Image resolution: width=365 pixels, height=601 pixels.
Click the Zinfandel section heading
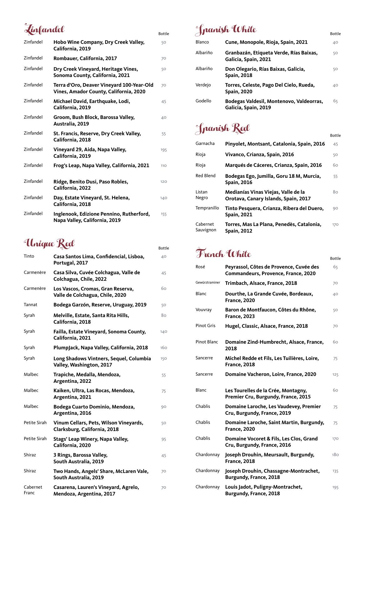(44, 29)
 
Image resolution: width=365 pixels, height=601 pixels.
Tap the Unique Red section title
(49, 244)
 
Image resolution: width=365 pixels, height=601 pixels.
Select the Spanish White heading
(226, 30)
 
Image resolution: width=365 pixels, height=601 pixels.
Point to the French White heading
(223, 254)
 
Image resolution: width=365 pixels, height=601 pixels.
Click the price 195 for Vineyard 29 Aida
(163, 150)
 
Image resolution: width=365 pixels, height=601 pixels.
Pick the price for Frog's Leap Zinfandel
(163, 166)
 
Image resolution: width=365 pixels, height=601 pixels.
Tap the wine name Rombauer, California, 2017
(85, 59)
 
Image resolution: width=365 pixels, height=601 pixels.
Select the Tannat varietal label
(30, 305)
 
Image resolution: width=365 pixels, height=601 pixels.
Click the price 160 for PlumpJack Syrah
(163, 348)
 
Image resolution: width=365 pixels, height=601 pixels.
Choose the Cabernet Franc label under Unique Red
(33, 490)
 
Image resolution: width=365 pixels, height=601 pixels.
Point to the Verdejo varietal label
(203, 85)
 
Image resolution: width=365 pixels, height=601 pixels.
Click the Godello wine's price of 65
(335, 101)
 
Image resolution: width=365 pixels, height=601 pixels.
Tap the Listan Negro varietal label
(202, 195)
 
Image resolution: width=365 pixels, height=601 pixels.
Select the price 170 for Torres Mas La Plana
(335, 224)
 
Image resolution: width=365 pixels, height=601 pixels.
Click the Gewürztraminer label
(208, 283)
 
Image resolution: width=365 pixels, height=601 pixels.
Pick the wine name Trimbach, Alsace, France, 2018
(261, 283)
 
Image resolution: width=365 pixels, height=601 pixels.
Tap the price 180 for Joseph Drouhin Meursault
(335, 455)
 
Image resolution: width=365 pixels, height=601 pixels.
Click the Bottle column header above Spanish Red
(335, 136)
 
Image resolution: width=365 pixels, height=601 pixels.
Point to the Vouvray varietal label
(203, 310)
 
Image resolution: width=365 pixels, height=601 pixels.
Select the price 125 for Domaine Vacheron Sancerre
(335, 374)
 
